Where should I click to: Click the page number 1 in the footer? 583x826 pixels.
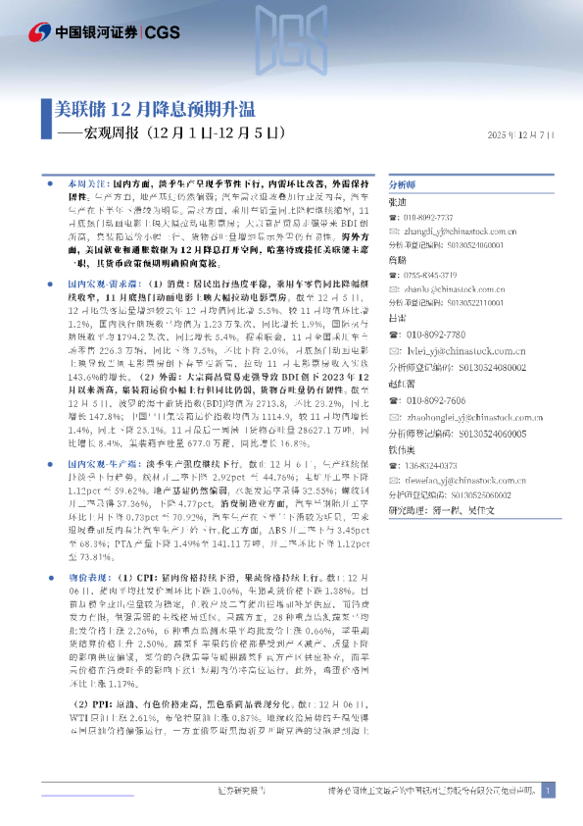pyautogui.click(x=546, y=791)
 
